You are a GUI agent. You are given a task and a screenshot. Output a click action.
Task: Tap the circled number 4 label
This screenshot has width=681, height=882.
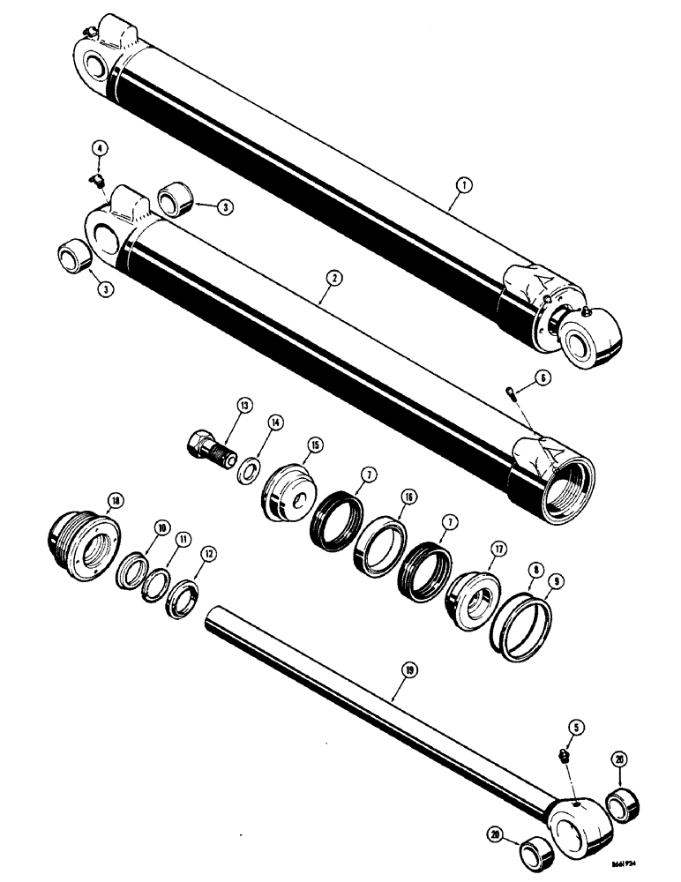[102, 149]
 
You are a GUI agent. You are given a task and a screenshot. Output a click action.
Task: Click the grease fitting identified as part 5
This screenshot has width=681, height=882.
[563, 757]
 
